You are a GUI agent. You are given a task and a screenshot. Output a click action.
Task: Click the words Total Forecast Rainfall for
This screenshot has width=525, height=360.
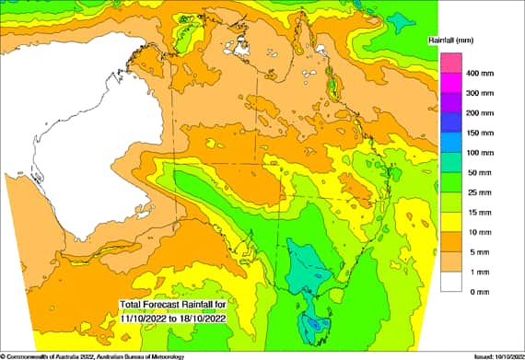pos(173,305)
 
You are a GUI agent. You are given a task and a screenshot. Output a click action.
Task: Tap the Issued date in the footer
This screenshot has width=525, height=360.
pos(496,355)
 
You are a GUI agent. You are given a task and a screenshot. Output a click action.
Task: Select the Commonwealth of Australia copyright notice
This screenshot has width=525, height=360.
pos(92,355)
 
